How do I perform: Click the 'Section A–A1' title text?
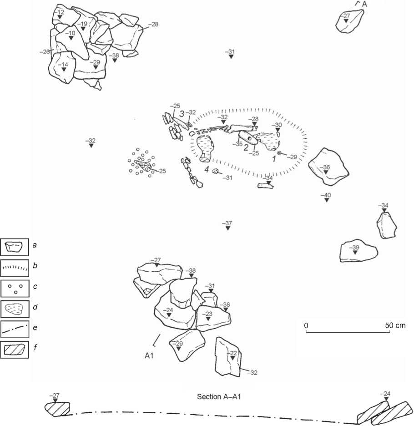[219, 397]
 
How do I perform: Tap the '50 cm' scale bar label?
[395, 325]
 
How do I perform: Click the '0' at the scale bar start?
[306, 325]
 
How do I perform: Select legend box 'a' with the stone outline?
[15, 247]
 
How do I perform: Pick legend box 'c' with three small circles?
[15, 289]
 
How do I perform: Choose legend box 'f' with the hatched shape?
[15, 350]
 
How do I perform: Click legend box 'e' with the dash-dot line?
[15, 329]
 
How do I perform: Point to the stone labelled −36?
[328, 166]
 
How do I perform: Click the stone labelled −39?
[358, 251]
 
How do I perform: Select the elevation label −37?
[227, 223]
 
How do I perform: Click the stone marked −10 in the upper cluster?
[72, 41]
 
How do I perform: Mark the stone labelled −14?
[62, 67]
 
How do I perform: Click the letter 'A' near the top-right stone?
[364, 4]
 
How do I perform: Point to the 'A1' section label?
[149, 355]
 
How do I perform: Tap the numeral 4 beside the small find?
[207, 169]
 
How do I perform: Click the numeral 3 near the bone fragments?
[182, 114]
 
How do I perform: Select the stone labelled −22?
[228, 357]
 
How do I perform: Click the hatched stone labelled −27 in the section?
[58, 409]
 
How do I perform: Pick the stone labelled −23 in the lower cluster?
[213, 318]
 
